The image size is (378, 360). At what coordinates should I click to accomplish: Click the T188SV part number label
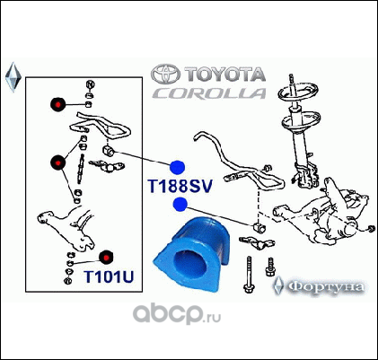[x=180, y=186]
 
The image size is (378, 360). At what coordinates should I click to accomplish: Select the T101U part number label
[x=109, y=277]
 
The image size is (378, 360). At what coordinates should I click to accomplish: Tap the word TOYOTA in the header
[x=224, y=75]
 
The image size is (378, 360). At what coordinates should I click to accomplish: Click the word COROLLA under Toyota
[x=209, y=93]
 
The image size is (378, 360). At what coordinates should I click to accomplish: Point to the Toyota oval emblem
[x=165, y=74]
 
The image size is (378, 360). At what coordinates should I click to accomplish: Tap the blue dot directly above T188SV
[x=178, y=167]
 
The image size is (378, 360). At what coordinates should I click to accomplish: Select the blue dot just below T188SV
[x=180, y=204]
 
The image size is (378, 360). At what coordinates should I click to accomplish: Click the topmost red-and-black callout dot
[x=58, y=104]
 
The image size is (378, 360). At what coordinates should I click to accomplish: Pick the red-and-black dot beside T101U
[x=106, y=257]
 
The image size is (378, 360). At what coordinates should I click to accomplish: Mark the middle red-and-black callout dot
[x=57, y=162]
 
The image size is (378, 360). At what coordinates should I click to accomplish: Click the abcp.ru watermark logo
[x=177, y=313]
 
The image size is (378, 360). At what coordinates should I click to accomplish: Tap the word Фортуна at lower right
[x=327, y=286]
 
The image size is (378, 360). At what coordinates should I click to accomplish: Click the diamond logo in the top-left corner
[x=13, y=77]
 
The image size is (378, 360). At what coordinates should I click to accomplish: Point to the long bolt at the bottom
[x=249, y=275]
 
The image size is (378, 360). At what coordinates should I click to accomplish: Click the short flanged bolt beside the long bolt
[x=270, y=267]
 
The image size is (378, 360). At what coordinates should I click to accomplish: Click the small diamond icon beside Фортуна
[x=278, y=285]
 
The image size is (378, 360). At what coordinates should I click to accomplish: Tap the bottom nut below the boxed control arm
[x=67, y=281]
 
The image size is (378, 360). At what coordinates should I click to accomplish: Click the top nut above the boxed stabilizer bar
[x=90, y=84]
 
